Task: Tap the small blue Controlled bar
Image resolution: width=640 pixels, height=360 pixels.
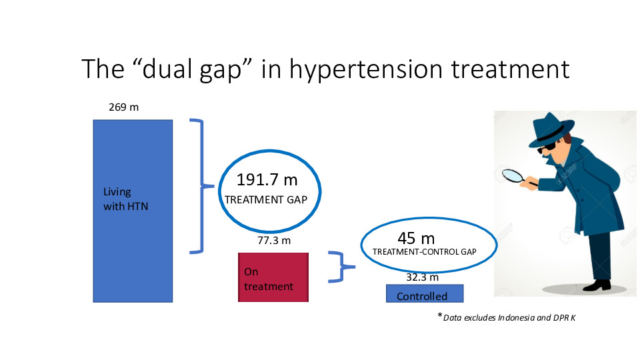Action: click(x=424, y=294)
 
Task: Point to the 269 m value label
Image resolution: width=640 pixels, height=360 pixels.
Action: click(x=124, y=107)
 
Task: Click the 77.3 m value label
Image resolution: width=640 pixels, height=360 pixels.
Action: click(x=274, y=241)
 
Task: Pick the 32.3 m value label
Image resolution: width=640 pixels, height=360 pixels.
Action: click(x=423, y=277)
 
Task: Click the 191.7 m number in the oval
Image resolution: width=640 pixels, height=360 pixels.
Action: click(x=267, y=180)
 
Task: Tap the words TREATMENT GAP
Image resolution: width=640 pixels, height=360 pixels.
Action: click(x=265, y=199)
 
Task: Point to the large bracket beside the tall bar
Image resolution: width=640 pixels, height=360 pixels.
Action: click(x=198, y=187)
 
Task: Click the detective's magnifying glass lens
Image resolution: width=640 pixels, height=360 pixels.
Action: click(x=512, y=175)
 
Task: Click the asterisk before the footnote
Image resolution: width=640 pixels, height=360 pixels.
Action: click(x=439, y=316)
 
